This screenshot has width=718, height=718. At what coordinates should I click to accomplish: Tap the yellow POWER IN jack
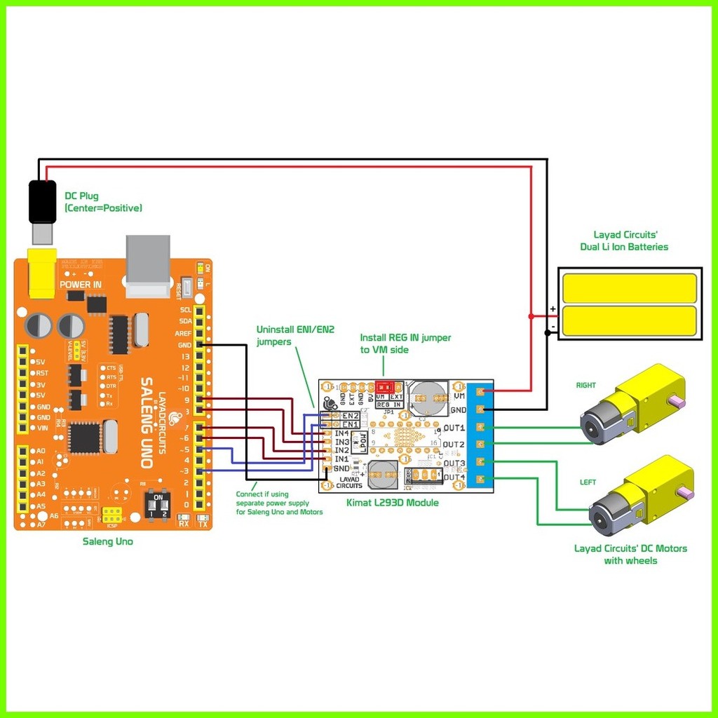pyautogui.click(x=41, y=270)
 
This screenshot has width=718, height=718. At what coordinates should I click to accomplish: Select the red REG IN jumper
pyautogui.click(x=385, y=386)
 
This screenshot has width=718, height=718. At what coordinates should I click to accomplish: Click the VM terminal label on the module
pyautogui.click(x=460, y=396)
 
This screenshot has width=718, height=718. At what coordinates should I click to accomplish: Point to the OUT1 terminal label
pyautogui.click(x=454, y=428)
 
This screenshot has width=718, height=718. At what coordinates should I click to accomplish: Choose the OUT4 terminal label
pyautogui.click(x=454, y=478)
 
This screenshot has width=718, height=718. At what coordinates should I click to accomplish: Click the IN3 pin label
pyautogui.click(x=342, y=442)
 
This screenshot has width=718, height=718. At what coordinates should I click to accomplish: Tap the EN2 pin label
pyautogui.click(x=350, y=416)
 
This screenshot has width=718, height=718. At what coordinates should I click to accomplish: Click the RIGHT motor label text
pyautogui.click(x=585, y=385)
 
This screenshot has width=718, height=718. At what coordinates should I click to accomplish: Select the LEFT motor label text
pyautogui.click(x=587, y=482)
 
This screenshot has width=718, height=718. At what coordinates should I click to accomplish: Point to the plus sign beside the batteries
pyautogui.click(x=553, y=309)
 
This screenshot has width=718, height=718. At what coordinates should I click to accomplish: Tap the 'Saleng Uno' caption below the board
pyautogui.click(x=107, y=541)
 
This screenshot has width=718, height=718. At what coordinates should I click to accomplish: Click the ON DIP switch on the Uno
pyautogui.click(x=158, y=504)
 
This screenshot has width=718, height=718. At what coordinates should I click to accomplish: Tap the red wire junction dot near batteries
pyautogui.click(x=531, y=316)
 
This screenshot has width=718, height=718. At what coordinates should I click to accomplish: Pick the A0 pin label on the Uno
pyautogui.click(x=40, y=451)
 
